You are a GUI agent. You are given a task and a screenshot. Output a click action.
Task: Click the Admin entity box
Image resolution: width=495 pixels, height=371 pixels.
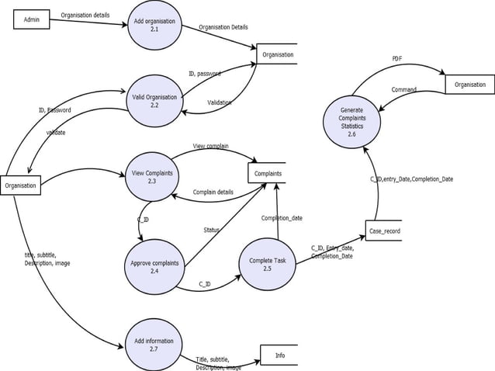point(32,19)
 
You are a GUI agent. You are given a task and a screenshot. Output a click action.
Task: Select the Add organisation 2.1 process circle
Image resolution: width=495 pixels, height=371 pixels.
point(154,25)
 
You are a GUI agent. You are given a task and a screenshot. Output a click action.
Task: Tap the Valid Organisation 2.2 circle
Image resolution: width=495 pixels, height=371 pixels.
point(154,101)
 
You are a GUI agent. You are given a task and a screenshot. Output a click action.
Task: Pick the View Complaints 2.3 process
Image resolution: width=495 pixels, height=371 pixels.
point(152,177)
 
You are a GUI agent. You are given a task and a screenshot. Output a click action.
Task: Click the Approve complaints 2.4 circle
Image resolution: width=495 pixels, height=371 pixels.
point(154,266)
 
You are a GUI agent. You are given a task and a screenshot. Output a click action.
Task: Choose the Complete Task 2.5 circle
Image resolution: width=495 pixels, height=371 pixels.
point(267,264)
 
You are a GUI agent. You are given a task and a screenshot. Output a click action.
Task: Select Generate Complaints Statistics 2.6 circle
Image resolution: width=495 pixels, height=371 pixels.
point(351,122)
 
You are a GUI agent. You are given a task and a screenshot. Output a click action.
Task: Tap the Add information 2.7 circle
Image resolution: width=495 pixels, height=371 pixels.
point(154,345)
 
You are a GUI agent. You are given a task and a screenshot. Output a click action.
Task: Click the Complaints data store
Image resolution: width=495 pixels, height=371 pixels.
point(268,173)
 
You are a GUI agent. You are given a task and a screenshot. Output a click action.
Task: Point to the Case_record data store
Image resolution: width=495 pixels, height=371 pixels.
point(384,231)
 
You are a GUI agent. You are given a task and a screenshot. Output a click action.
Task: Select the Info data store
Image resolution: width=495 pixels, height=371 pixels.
point(279,355)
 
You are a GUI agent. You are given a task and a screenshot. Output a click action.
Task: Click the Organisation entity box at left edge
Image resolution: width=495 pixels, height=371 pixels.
point(20,185)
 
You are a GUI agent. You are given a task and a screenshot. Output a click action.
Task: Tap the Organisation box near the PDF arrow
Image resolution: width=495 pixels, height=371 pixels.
point(469,85)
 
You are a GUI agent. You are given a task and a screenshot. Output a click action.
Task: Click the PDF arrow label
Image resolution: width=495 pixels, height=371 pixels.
point(396,59)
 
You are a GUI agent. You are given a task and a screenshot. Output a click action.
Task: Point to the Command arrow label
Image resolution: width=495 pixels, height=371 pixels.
point(403,90)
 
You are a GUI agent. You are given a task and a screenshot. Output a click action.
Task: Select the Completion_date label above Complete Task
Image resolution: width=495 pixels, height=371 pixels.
point(282,218)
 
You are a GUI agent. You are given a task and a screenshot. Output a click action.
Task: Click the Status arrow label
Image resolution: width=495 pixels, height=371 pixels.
point(211,230)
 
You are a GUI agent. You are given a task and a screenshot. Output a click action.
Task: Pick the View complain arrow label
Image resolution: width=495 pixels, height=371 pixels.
point(210,146)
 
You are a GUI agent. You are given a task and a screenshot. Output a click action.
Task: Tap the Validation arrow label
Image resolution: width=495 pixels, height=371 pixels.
point(219,102)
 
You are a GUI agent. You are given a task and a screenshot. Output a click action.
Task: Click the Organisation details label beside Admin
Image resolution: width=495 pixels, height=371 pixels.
point(85,15)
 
